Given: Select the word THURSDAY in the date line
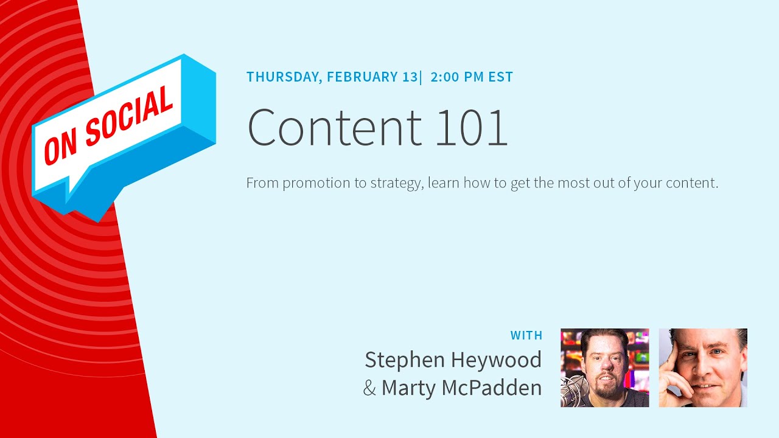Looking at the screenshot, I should click(x=283, y=77).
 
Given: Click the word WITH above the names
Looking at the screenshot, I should click(x=526, y=335).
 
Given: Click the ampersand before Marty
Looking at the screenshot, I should click(x=369, y=388).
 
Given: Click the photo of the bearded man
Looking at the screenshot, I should click(x=604, y=367).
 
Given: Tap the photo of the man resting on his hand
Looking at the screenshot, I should click(x=703, y=367).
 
